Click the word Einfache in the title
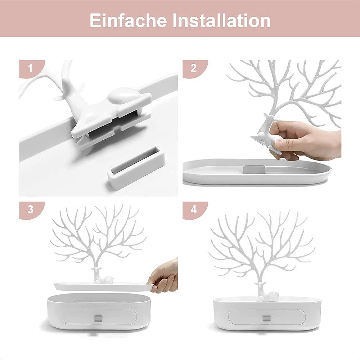pos(128,21)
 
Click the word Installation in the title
pos(221,21)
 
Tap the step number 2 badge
pos(194,68)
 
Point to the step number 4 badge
pos(194,210)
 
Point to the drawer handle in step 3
pos(99,319)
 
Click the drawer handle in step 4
pos(267,319)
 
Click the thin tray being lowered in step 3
pos(104,287)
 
